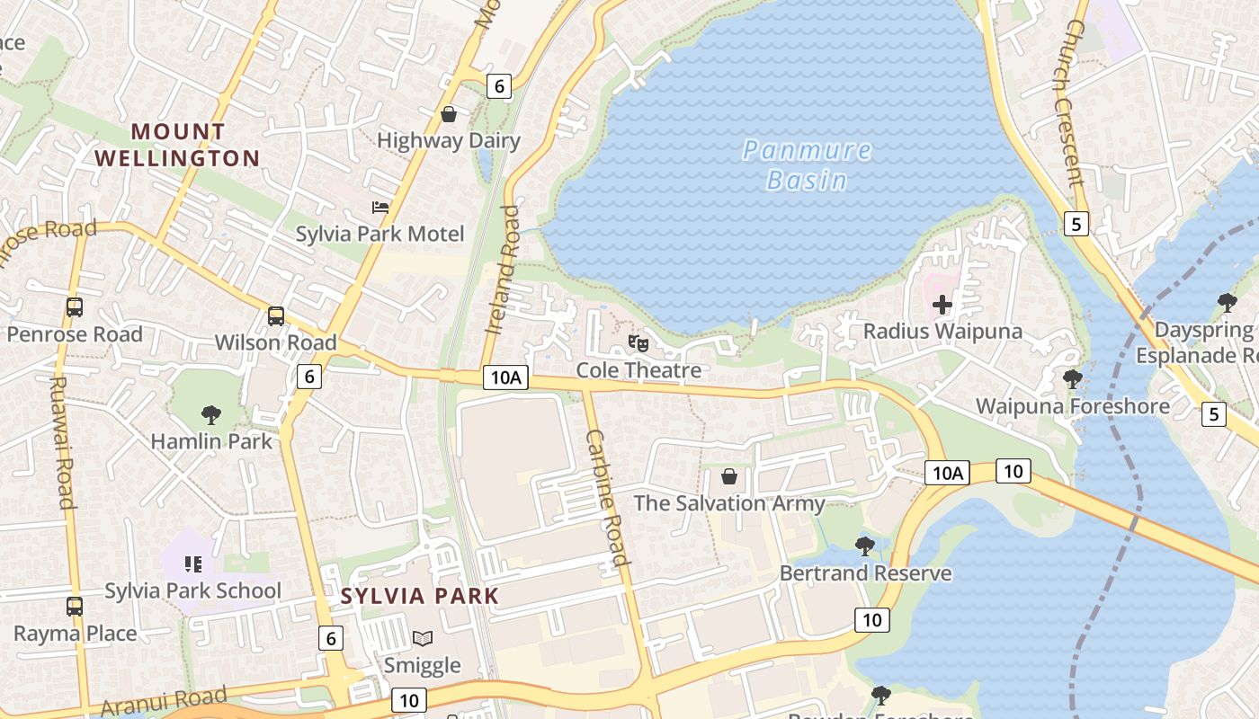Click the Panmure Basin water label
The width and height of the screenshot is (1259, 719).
click(808, 164)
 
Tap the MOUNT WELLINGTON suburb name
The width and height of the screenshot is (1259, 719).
click(178, 145)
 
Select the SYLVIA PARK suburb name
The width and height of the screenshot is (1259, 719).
click(419, 596)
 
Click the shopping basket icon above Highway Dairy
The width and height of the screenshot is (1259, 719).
click(449, 115)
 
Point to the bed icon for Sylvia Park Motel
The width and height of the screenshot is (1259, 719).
click(380, 208)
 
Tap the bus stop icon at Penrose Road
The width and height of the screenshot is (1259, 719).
click(75, 307)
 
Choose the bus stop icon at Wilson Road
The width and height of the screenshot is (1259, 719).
click(276, 316)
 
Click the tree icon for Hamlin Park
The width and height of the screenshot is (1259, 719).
click(211, 414)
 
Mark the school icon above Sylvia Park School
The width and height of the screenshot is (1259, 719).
click(193, 564)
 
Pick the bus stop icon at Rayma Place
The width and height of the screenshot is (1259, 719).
click(75, 607)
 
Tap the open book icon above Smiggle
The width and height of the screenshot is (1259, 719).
click(422, 639)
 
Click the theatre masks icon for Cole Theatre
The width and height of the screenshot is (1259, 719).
click(638, 343)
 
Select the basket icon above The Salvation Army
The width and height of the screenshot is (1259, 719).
click(729, 476)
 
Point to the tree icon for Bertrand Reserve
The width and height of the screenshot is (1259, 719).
click(865, 546)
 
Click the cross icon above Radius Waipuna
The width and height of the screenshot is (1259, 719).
click(942, 305)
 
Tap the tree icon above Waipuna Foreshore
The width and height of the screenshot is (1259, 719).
click(1072, 379)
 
